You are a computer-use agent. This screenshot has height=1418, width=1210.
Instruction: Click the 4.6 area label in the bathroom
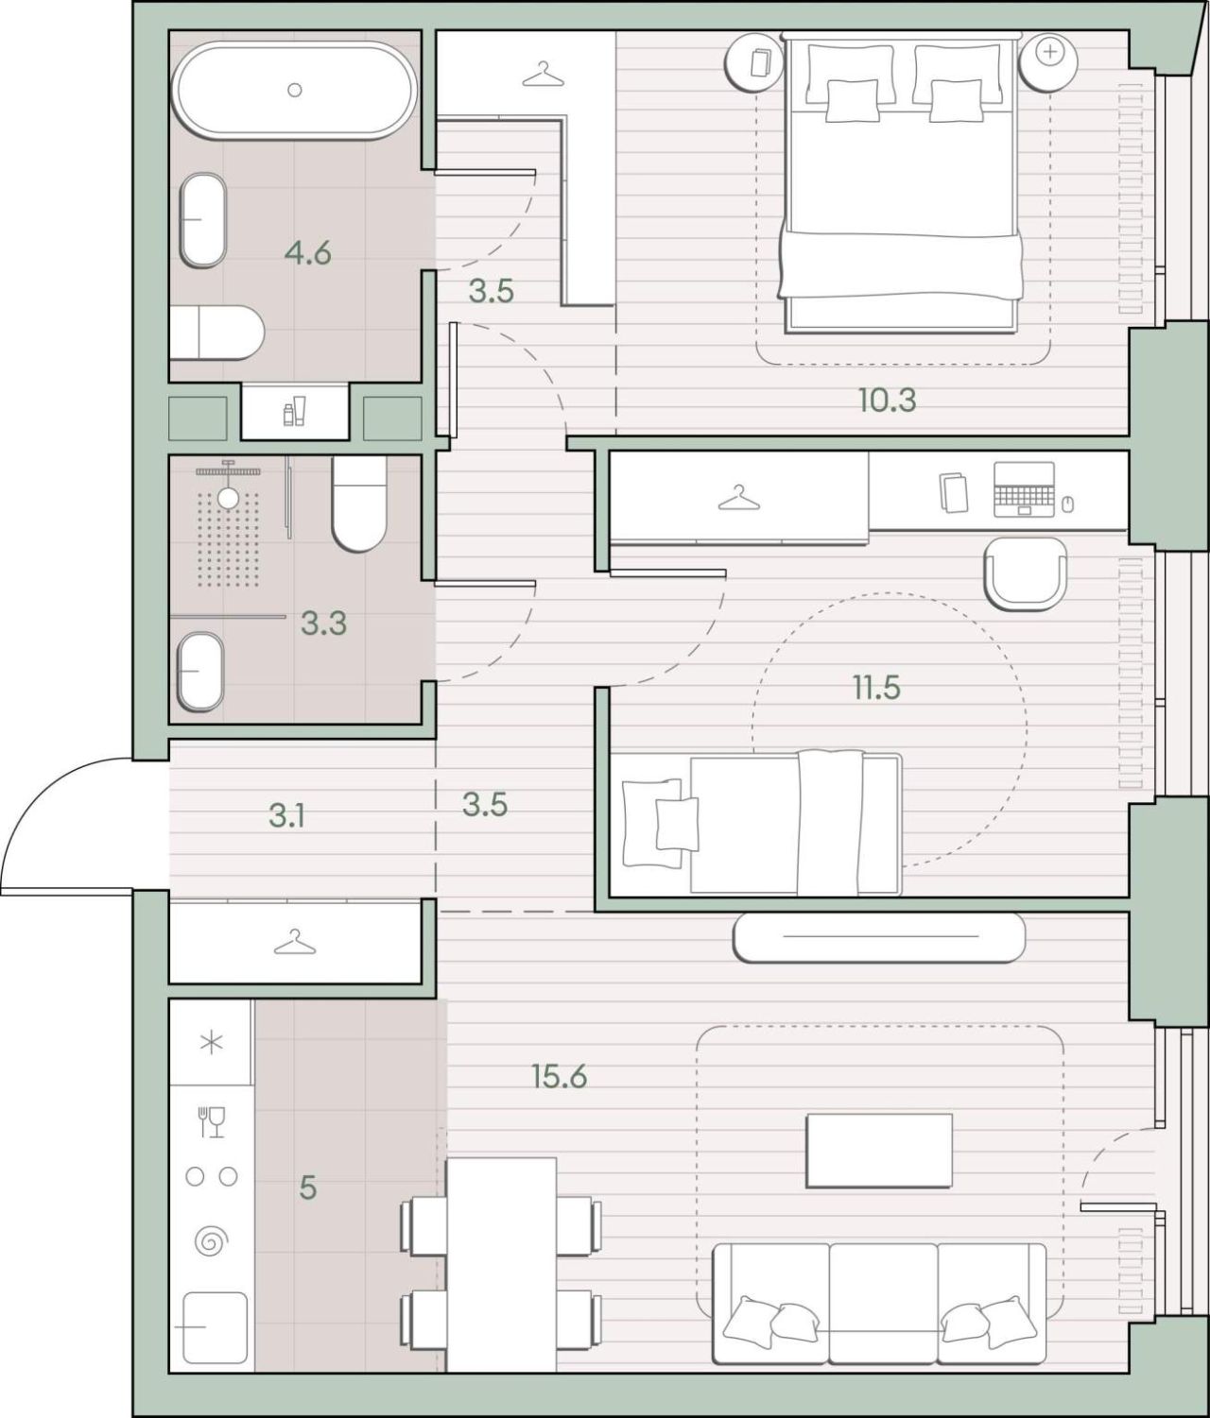[x=308, y=254]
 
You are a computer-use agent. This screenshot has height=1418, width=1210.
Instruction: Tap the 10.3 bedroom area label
[x=888, y=400]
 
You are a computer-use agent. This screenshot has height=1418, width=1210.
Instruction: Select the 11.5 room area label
[x=876, y=687]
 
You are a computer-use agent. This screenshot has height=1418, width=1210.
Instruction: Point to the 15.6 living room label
[x=560, y=1076]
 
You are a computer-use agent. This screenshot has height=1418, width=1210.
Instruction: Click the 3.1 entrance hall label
[x=286, y=816]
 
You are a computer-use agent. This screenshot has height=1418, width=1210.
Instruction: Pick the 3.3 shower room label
[x=324, y=624]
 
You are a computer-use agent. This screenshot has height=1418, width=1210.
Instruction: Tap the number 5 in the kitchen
[x=308, y=1187]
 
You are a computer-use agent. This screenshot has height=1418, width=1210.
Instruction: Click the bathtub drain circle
[x=295, y=90]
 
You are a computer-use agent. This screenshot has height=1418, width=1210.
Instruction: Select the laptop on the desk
[x=1024, y=489]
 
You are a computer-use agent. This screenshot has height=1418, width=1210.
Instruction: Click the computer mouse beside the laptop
[x=1067, y=504]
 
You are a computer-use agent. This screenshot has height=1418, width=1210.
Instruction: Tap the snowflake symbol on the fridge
[x=211, y=1044]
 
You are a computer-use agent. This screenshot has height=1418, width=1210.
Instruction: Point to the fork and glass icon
[x=212, y=1122]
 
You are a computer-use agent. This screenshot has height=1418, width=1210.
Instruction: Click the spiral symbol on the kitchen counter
[x=212, y=1240]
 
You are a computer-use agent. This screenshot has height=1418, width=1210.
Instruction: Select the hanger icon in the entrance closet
[x=294, y=942]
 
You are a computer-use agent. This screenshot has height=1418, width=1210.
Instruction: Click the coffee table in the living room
[x=879, y=1151]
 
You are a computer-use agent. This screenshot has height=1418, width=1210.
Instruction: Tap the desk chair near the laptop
[x=1026, y=573]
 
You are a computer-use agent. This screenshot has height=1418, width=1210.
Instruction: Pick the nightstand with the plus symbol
[x=1048, y=60]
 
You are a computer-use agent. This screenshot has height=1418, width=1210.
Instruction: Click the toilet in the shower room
[x=359, y=504]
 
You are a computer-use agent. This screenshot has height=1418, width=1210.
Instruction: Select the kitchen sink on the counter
[x=215, y=1327]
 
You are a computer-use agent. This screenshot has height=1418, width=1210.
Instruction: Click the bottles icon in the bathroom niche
[x=294, y=411]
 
